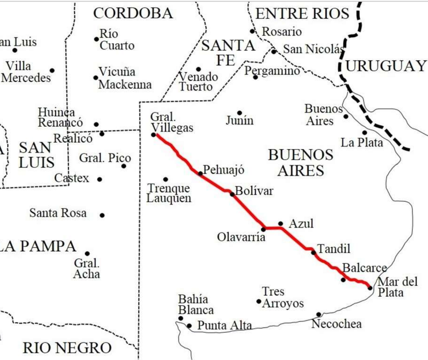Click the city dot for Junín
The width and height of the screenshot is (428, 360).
(x=240, y=113)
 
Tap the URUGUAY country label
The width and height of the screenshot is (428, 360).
(x=386, y=66)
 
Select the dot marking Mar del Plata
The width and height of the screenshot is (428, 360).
(x=370, y=288)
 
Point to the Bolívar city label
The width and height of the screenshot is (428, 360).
(x=254, y=191)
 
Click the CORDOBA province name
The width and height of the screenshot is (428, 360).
(x=133, y=13)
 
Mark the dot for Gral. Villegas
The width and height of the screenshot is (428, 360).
(x=153, y=134)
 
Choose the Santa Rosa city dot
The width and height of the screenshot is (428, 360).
(x=103, y=215)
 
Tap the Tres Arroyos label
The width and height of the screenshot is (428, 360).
(x=283, y=298)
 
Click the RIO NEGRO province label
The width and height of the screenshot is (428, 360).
(x=67, y=347)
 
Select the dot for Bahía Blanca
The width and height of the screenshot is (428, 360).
(x=181, y=318)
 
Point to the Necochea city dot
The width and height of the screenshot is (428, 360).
(x=319, y=315)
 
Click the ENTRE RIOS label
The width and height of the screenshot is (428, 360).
(x=302, y=13)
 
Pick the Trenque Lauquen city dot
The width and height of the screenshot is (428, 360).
(x=165, y=179)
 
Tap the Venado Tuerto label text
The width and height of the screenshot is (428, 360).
(x=198, y=82)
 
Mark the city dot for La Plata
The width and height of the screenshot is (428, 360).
(x=365, y=133)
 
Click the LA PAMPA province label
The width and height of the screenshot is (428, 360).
(x=38, y=246)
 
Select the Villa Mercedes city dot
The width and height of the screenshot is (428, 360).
(x=52, y=71)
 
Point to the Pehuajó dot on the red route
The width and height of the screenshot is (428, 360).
(x=201, y=173)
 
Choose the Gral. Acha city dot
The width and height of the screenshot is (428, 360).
(x=87, y=253)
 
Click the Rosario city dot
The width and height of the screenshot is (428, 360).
(x=252, y=31)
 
